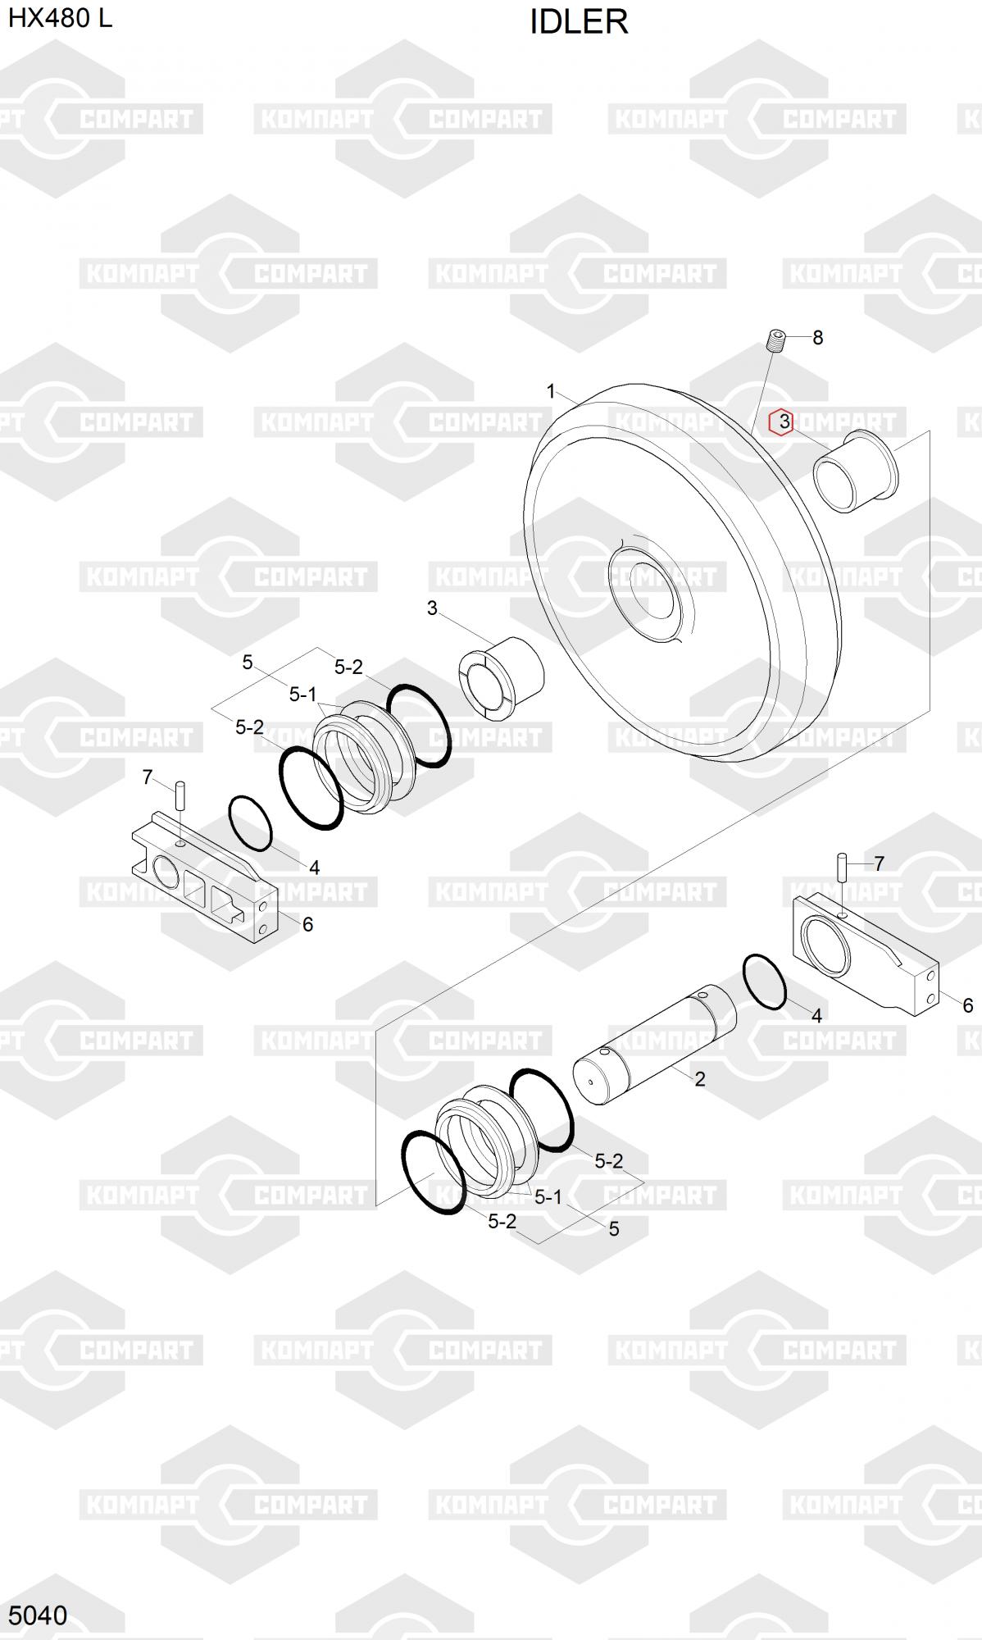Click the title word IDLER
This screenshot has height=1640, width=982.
579,22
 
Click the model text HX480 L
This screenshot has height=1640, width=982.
60,18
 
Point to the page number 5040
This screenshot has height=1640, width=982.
38,1615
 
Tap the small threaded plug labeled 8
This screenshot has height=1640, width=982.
776,339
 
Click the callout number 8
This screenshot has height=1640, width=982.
817,337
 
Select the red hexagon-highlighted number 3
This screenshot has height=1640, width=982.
783,421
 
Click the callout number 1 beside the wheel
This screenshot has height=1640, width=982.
551,392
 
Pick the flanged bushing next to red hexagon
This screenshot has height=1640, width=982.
855,471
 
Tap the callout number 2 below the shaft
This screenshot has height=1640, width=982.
699,1079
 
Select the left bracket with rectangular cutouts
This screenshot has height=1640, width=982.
205,879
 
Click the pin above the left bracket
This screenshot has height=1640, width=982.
180,797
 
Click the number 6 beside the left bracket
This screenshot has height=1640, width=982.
307,924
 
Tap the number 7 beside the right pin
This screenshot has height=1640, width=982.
879,863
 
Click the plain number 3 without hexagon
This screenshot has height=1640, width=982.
432,608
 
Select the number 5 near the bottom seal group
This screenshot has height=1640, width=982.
614,1228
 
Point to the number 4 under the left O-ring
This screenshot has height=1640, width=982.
314,868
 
